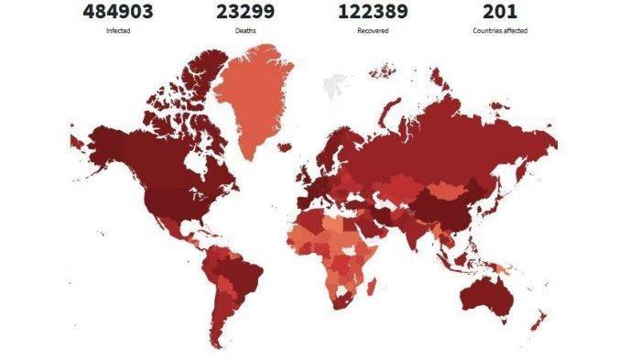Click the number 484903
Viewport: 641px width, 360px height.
(117, 12)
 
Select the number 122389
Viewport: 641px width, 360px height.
(373, 12)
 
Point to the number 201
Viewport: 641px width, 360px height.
(499, 12)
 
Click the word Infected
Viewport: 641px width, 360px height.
(117, 31)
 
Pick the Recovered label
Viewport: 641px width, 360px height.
(373, 31)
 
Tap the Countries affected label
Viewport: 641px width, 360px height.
(499, 31)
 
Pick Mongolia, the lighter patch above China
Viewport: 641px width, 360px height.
(447, 191)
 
